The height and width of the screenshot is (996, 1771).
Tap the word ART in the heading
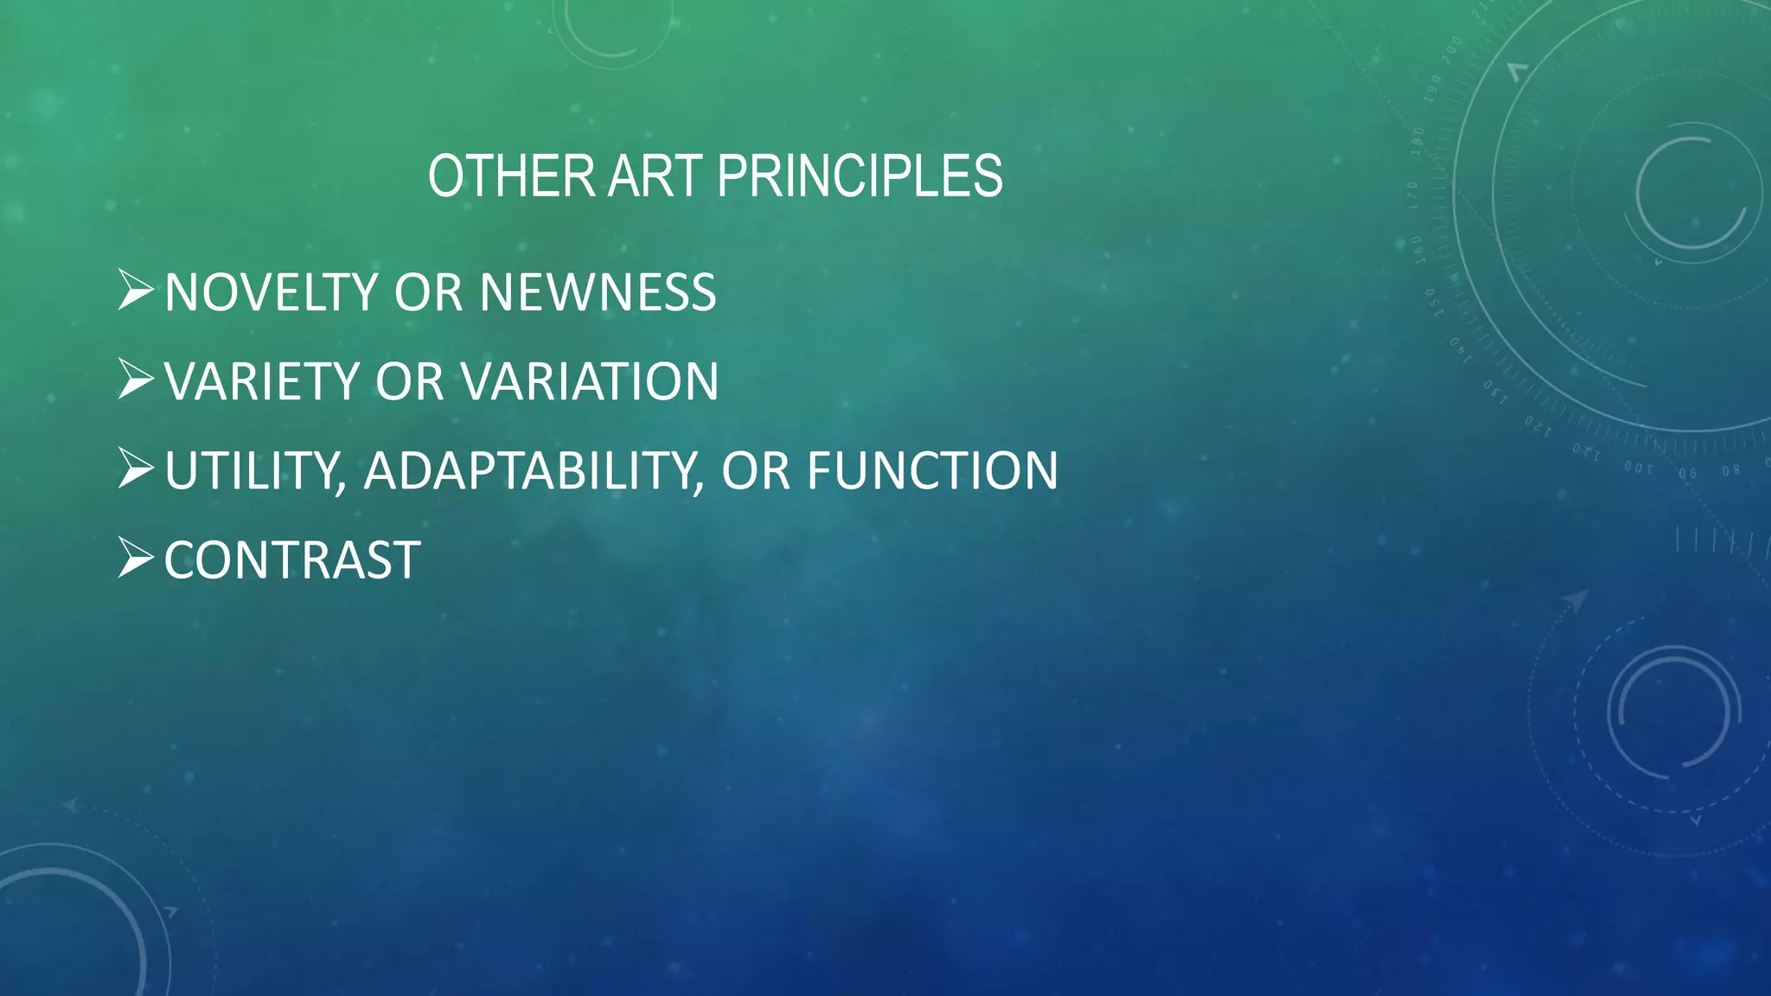(x=656, y=176)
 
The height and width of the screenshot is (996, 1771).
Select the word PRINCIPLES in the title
(x=860, y=176)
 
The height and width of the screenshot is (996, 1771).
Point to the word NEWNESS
(x=598, y=292)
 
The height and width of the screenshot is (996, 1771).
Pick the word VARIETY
(x=261, y=381)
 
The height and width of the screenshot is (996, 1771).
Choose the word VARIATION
(x=589, y=381)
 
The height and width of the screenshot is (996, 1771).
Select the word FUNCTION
(x=932, y=471)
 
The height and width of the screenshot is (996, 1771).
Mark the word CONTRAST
(x=292, y=560)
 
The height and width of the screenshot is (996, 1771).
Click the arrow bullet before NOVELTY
(x=136, y=290)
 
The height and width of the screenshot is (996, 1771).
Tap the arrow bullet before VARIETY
(x=136, y=380)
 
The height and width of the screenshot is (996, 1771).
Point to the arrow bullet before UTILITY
(x=136, y=469)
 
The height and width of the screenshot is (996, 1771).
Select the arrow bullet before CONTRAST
(x=136, y=559)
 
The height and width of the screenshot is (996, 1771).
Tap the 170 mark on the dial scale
(x=1412, y=196)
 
